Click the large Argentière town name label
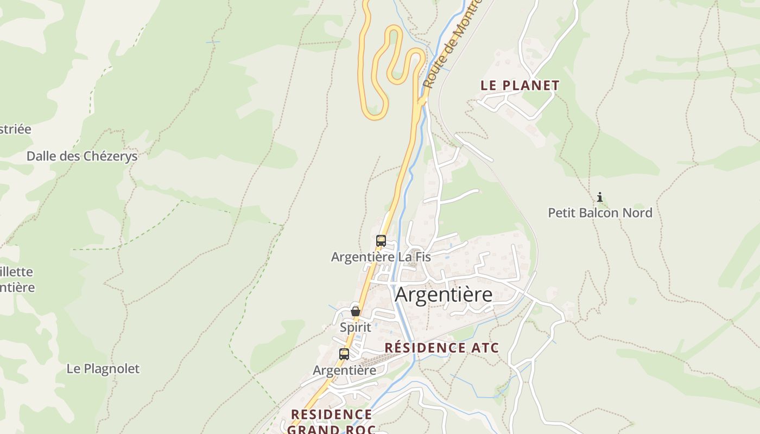(444, 295)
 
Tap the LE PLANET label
(520, 85)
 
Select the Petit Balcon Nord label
(600, 213)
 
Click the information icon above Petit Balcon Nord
(600, 197)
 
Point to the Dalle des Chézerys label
(82, 156)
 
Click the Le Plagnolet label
(103, 369)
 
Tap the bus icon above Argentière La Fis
(381, 240)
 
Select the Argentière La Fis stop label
(381, 257)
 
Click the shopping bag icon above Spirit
(355, 311)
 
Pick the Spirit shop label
(355, 327)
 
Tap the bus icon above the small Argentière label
(344, 354)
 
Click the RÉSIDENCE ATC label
(441, 348)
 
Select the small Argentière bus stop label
(344, 371)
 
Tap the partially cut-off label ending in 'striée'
(15, 130)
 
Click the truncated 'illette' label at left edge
(16, 272)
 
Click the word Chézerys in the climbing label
(110, 156)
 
